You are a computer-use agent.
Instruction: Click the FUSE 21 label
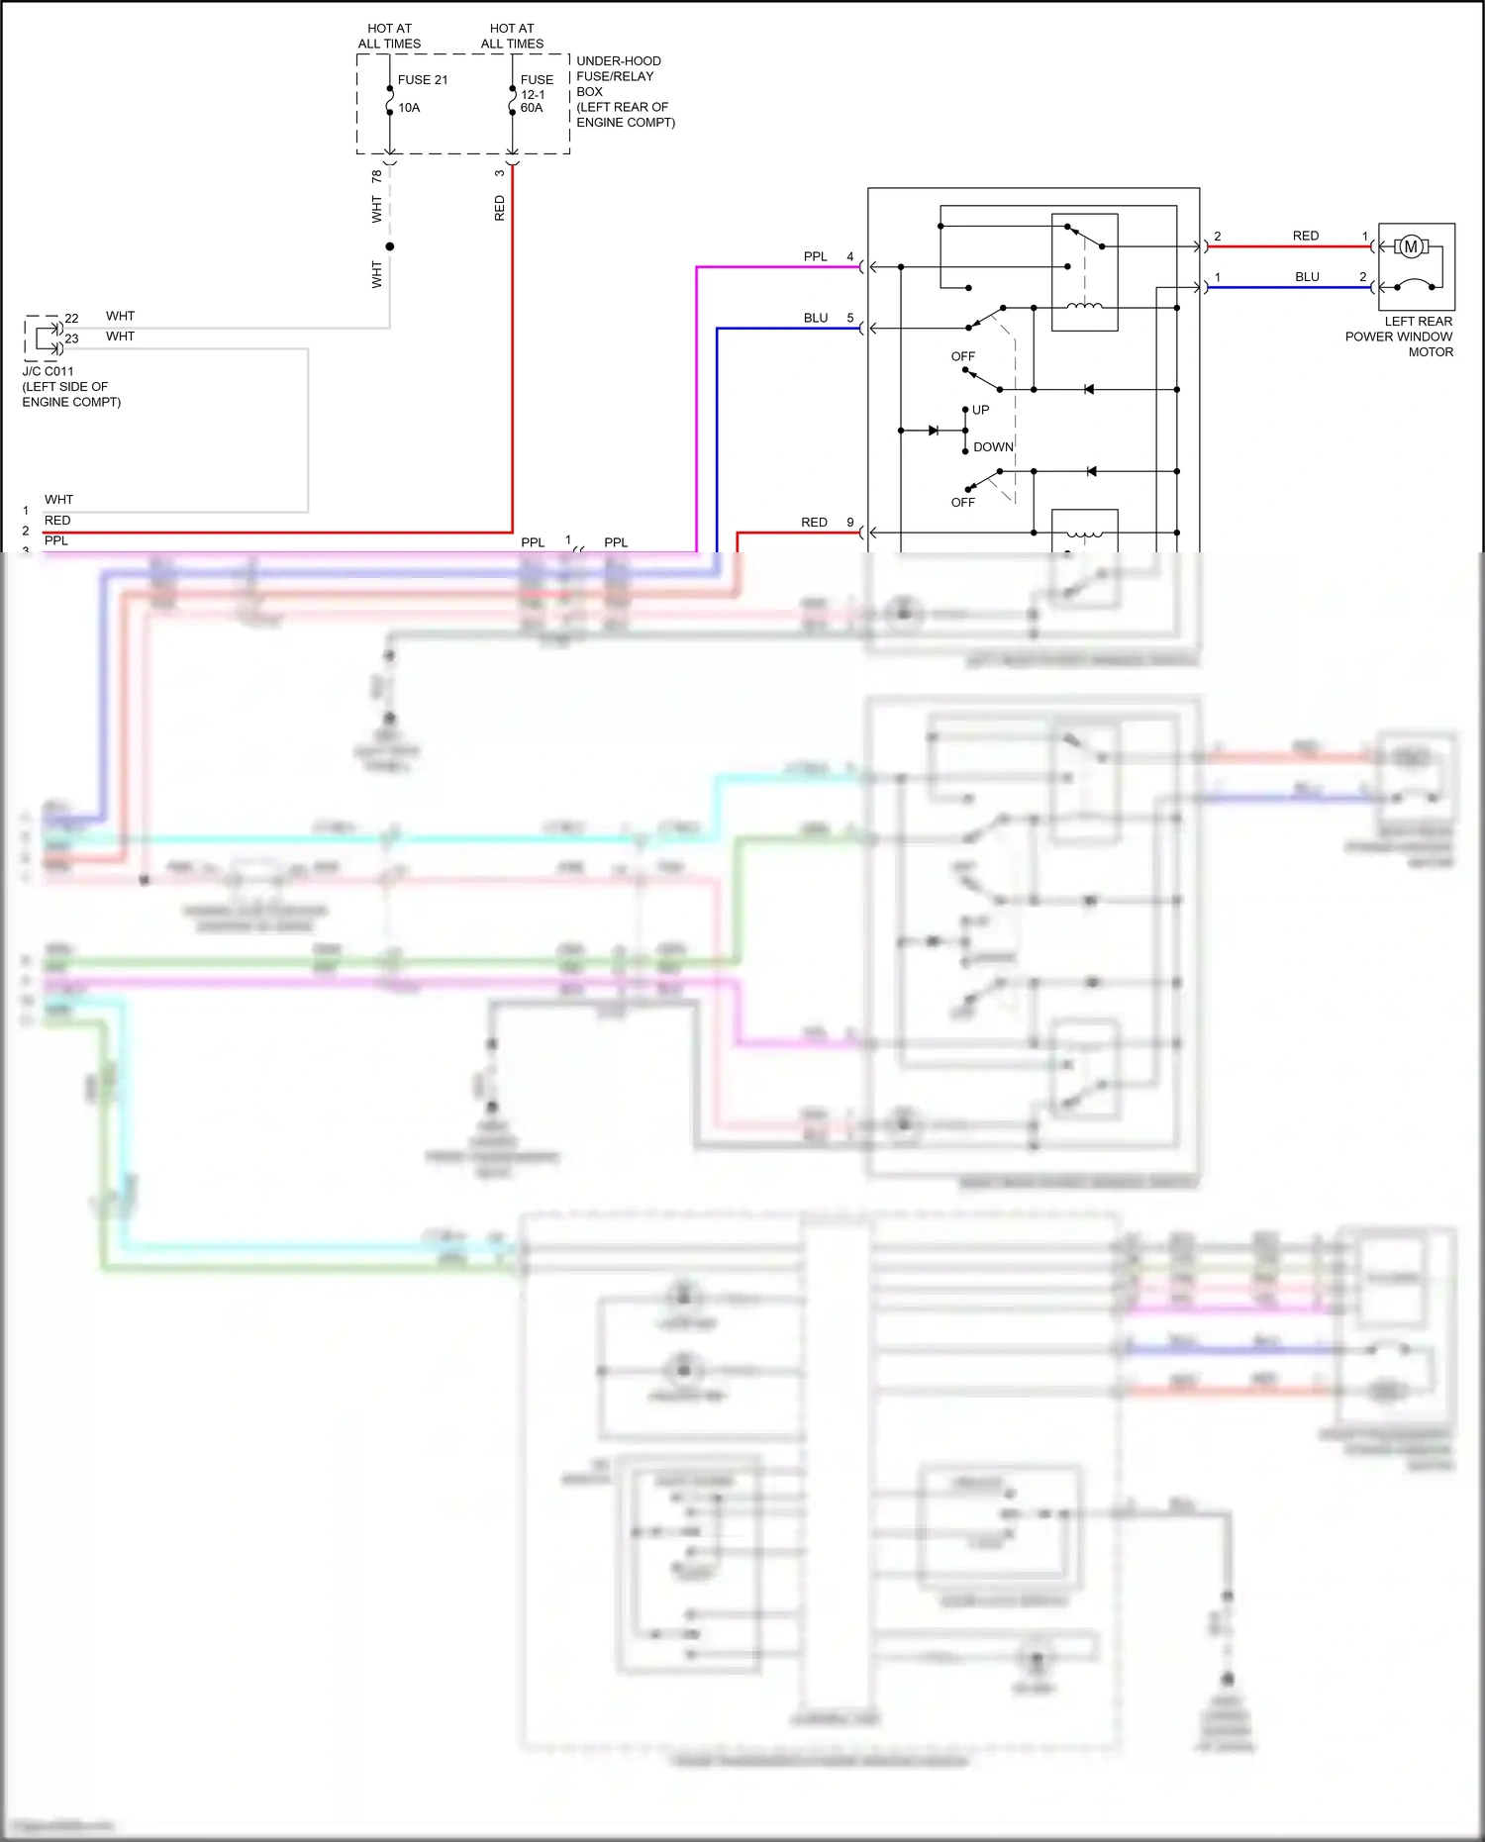coord(423,80)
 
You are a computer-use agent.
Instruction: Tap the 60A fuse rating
coord(532,108)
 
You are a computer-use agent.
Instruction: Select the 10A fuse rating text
coord(409,108)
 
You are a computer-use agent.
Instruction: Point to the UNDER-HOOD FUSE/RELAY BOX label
coord(625,91)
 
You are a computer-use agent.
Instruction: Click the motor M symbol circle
coord(1411,246)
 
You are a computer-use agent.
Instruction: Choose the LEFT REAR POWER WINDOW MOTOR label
coord(1399,337)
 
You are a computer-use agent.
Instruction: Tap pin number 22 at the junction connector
coord(71,319)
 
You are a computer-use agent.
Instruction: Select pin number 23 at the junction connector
coord(71,339)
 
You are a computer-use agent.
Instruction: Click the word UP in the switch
coord(980,410)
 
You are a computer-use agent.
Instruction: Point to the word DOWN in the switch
coord(993,447)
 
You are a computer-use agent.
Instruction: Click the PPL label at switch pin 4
coord(815,257)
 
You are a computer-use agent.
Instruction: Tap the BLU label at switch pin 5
coord(815,319)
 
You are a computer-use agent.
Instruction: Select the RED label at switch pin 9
coord(814,523)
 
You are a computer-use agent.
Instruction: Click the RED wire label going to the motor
coord(1305,237)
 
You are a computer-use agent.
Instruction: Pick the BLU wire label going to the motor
coord(1307,277)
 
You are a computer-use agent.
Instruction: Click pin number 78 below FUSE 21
coord(376,177)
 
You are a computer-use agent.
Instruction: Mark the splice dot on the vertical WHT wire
coord(390,246)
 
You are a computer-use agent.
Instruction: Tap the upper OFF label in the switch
coord(962,356)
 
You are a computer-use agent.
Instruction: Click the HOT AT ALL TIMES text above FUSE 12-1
coord(512,37)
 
